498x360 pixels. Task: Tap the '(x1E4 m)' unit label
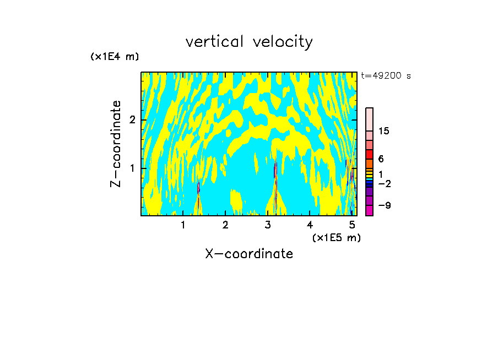point(115,57)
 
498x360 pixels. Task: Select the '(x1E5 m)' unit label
point(336,237)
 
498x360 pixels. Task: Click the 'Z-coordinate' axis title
point(116,144)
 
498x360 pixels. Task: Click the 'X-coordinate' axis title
point(249,254)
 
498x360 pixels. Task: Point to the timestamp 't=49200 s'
point(386,76)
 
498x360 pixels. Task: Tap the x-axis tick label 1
point(183,225)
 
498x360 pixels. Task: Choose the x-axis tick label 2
point(225,225)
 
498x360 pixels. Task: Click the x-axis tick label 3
point(268,225)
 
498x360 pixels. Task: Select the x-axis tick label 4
point(310,225)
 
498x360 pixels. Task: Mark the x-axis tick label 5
point(352,225)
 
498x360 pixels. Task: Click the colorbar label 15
point(384,131)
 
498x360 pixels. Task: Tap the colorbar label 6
point(381,159)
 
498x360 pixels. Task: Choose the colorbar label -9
point(384,205)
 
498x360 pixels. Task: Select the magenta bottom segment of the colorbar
point(369,210)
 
